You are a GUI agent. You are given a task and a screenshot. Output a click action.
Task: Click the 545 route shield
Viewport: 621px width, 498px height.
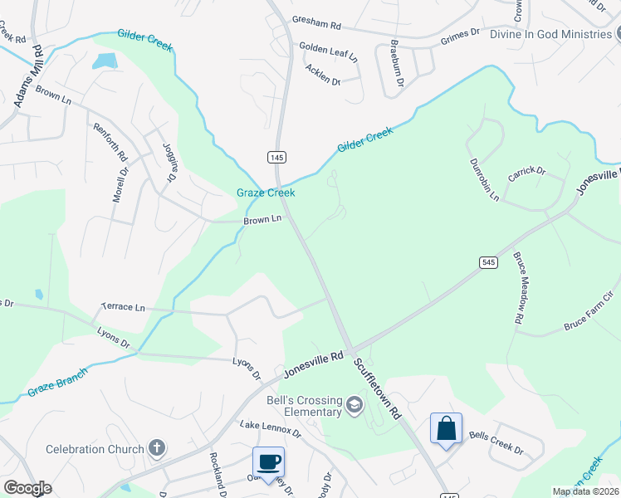point(488,262)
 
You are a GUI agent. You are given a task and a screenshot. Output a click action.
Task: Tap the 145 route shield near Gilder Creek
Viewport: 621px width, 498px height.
point(277,157)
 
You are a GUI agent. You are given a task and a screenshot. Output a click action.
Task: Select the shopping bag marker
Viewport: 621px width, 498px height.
point(446,428)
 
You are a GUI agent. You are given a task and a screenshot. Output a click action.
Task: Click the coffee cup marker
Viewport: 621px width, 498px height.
point(268,461)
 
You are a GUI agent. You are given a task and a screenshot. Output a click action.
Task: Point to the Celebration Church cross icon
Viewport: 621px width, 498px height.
point(156,449)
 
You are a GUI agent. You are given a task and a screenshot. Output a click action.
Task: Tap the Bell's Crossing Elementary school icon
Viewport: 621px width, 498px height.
point(355,406)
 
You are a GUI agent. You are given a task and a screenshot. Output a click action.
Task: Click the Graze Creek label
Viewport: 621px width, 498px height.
point(266,193)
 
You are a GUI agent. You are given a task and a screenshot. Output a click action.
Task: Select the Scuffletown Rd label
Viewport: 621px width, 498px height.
point(377,388)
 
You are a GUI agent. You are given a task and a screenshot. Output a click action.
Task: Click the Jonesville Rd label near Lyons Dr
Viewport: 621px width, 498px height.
point(314,364)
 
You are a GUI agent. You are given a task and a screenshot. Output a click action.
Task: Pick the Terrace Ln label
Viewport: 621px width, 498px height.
point(123,307)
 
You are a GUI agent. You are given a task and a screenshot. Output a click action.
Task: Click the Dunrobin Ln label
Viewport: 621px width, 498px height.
point(484,180)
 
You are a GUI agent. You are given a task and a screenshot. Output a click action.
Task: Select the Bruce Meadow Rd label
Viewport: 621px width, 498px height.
point(519,287)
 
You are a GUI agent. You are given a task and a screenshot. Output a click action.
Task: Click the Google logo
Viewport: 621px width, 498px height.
point(27,488)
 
